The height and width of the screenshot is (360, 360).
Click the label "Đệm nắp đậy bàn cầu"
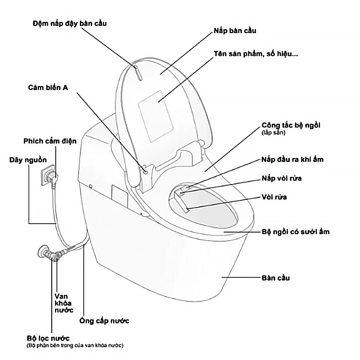pos(69,23)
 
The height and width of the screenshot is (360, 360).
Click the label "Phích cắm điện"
pos(50,141)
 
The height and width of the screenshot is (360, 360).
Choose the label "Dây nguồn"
pos(28,160)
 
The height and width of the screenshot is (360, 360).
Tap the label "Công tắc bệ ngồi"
pos(291,125)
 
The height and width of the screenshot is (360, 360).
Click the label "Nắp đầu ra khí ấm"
pos(292,159)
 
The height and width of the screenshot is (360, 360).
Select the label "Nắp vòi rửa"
pos(282,179)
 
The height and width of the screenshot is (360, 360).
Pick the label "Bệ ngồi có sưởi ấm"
pos(295,232)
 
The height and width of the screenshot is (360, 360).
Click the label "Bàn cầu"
pos(275,278)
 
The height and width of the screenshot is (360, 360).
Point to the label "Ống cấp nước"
pos(104,320)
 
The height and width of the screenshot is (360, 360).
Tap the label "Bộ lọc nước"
pos(48,338)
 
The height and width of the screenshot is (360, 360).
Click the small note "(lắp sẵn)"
pos(273,132)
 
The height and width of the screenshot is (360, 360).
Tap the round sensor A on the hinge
pos(145,171)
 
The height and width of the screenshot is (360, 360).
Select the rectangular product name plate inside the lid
pos(155,115)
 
